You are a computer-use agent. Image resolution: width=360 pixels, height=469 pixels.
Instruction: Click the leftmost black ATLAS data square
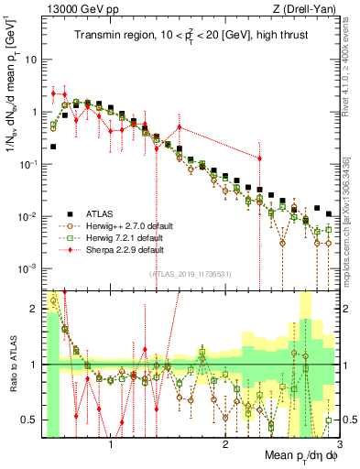tap(53, 146)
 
